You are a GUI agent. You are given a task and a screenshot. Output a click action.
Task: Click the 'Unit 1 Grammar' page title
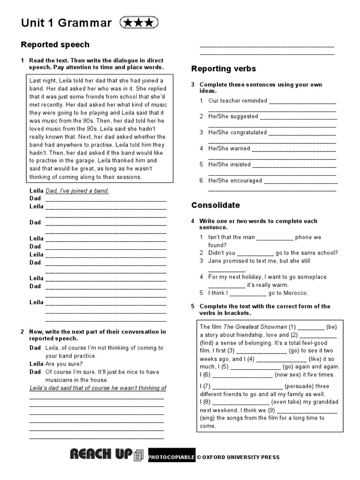click(66, 23)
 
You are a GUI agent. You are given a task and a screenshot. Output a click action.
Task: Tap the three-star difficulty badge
click(139, 22)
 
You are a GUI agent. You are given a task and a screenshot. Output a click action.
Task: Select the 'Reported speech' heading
click(55, 45)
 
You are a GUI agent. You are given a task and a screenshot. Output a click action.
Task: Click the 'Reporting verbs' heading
click(224, 69)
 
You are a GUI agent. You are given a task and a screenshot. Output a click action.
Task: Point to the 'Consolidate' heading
click(215, 205)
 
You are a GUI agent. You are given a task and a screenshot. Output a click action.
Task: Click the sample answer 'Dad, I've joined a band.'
click(77, 191)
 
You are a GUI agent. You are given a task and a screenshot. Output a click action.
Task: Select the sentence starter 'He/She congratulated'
click(237, 133)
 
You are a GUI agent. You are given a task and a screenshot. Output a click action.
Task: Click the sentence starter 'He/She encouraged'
click(235, 180)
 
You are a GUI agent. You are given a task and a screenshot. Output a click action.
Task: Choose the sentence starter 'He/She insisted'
click(229, 165)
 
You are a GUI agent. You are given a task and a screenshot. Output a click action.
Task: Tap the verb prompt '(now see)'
click(291, 375)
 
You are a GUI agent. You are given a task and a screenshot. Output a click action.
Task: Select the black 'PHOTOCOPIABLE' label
click(171, 457)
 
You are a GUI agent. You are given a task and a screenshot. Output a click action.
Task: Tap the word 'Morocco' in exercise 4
click(295, 293)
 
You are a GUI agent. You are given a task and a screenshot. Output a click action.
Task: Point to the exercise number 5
click(193, 307)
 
